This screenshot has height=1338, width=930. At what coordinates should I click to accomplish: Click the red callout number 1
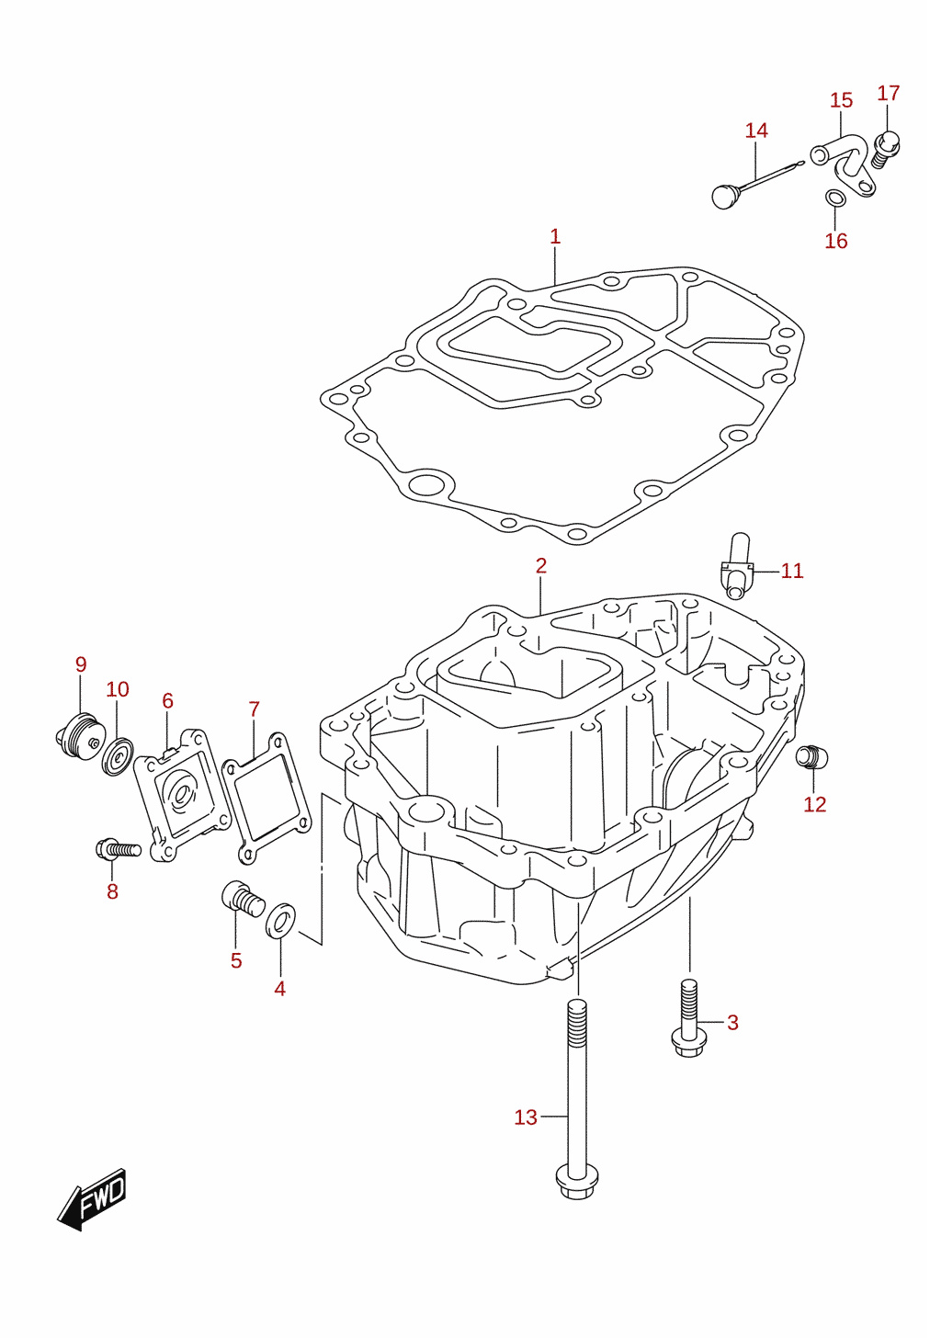click(x=555, y=236)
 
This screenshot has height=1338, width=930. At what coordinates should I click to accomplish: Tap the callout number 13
click(x=526, y=1117)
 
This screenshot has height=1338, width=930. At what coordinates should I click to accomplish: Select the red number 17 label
click(x=889, y=93)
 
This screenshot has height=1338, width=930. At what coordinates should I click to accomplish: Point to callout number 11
click(x=792, y=571)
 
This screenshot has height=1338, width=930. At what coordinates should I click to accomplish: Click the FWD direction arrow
click(x=93, y=1199)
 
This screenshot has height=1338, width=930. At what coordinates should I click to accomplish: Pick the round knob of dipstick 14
click(x=725, y=197)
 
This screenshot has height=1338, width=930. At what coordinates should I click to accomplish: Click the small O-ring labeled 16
click(x=834, y=198)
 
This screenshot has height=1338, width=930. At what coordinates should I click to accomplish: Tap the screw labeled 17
click(x=886, y=149)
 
